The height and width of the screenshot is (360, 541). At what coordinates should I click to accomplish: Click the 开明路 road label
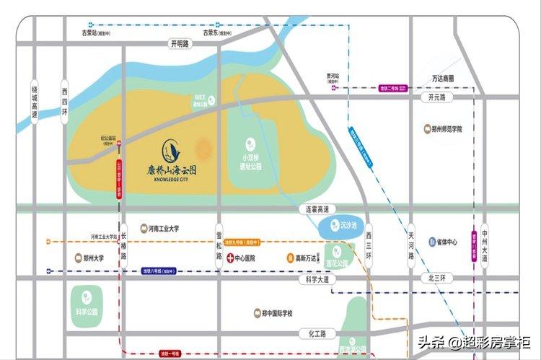click(179, 44)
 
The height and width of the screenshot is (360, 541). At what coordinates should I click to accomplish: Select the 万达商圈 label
click(444, 79)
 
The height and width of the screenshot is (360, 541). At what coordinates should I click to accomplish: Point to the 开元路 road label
click(437, 97)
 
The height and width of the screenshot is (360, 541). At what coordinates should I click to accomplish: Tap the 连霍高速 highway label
click(314, 209)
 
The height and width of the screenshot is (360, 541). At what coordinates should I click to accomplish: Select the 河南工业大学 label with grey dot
click(159, 229)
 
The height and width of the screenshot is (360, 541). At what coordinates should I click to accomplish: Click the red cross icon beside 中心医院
click(230, 258)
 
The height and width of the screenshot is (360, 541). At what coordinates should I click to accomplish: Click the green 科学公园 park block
click(86, 304)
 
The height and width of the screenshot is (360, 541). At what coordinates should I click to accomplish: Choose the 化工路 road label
click(313, 333)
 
